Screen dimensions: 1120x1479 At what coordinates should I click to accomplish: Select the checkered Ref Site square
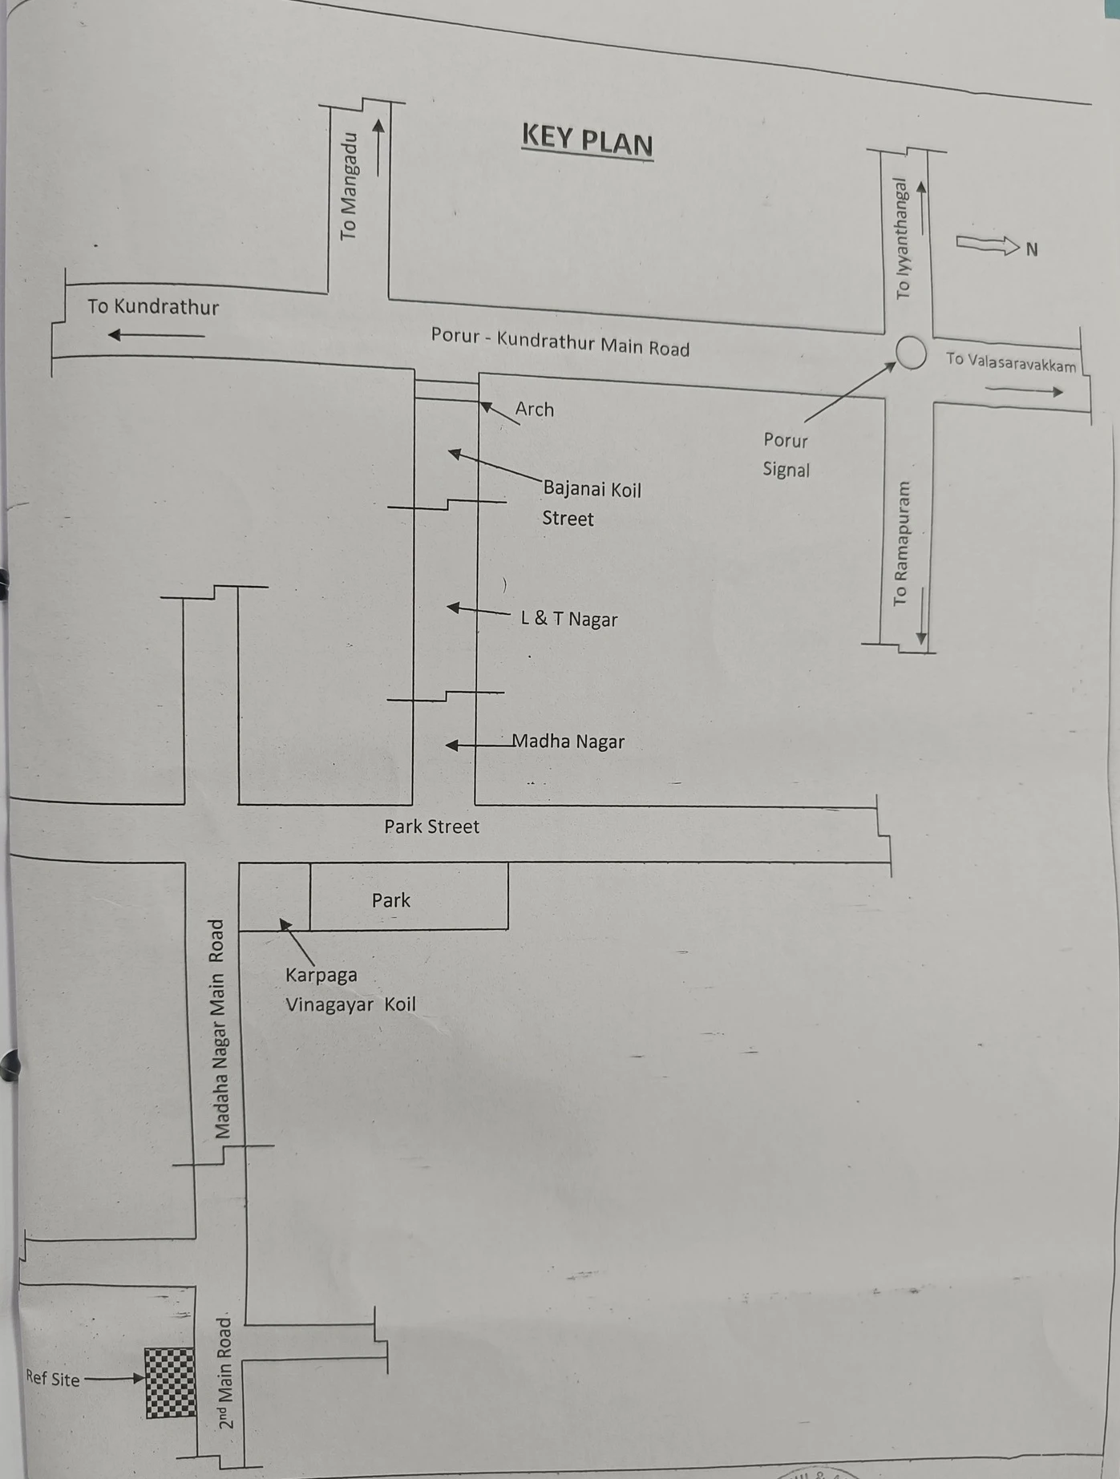tap(170, 1382)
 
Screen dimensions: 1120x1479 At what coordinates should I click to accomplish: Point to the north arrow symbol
tap(988, 244)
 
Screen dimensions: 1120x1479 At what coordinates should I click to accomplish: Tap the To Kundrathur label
tap(153, 306)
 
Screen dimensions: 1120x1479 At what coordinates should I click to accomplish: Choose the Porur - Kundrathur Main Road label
tap(560, 341)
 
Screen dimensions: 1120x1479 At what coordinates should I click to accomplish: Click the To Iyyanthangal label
tap(903, 238)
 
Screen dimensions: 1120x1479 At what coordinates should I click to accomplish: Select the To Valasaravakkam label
tap(1011, 362)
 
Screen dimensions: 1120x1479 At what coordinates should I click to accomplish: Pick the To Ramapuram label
tap(901, 544)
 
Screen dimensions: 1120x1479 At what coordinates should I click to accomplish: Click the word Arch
tap(535, 409)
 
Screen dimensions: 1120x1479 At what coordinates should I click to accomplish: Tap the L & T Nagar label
tap(569, 618)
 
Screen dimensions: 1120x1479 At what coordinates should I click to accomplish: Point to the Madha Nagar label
tap(568, 742)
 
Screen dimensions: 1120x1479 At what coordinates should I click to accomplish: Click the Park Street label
tap(431, 826)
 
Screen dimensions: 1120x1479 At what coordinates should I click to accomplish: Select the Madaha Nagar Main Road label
tap(218, 1029)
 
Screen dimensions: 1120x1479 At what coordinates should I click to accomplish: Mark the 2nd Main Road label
tap(225, 1373)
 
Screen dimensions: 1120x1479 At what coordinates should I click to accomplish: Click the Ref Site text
tap(53, 1378)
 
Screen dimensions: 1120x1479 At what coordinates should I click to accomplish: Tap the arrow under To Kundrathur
tap(156, 335)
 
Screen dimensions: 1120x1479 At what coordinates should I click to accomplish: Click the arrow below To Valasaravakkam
tap(1024, 390)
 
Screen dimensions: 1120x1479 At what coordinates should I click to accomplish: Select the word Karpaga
tap(321, 976)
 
